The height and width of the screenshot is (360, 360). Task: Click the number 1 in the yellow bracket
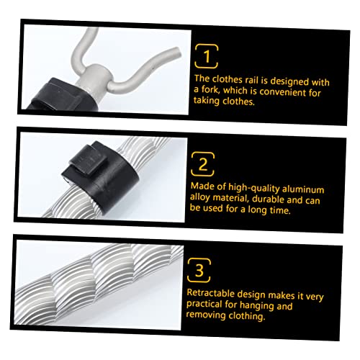pyautogui.click(x=207, y=56)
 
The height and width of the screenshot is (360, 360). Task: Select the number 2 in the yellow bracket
pyautogui.click(x=203, y=164)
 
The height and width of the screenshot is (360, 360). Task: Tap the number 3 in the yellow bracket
pyautogui.click(x=199, y=271)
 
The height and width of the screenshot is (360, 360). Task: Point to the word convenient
pyautogui.click(x=282, y=91)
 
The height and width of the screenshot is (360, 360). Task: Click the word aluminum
pyautogui.click(x=303, y=189)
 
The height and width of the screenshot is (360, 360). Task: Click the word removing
pyautogui.click(x=206, y=315)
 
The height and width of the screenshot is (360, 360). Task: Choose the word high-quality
pyautogui.click(x=253, y=188)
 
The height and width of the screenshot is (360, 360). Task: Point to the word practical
pyautogui.click(x=204, y=304)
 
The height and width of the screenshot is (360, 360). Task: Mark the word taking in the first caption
pyautogui.click(x=207, y=101)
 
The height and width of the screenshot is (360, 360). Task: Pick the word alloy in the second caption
pyautogui.click(x=200, y=197)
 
